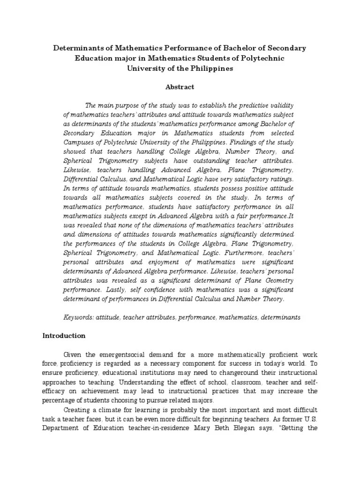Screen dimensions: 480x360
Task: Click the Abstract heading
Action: (x=180, y=87)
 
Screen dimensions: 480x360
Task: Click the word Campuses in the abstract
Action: (x=79, y=143)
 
